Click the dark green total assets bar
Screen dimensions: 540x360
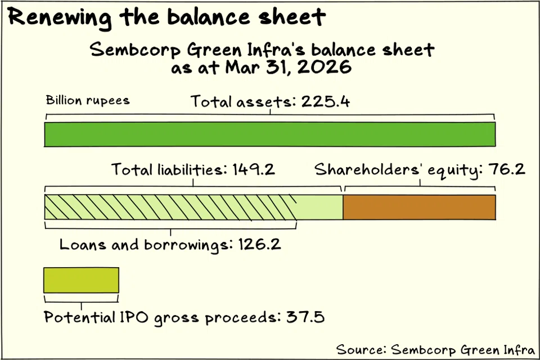pos(270,134)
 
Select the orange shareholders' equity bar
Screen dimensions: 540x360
pos(419,207)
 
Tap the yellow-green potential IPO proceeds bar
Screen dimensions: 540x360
pos(81,280)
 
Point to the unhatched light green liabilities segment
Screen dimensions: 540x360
pos(320,207)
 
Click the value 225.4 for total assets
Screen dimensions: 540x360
pos(326,102)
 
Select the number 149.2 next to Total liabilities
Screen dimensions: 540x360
pos(254,169)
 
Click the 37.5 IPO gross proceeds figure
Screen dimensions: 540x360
pos(305,317)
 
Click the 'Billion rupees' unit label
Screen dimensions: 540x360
pos(88,100)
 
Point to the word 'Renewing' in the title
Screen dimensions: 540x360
pos(60,17)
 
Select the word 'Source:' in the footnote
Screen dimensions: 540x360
pos(361,349)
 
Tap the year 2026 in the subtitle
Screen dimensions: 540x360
pos(325,66)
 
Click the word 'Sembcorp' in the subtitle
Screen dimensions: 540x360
pos(135,50)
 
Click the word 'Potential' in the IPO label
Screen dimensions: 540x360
pos(79,317)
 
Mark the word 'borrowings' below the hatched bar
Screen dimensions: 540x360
pos(186,245)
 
